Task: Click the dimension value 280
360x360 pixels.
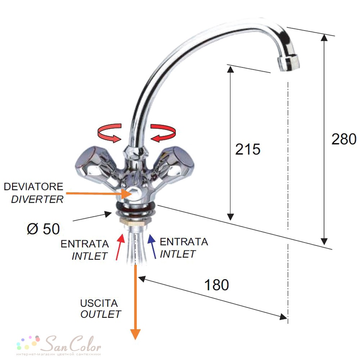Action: pyautogui.click(x=344, y=139)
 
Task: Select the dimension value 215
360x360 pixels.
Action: pyautogui.click(x=248, y=149)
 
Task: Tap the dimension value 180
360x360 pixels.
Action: pyautogui.click(x=216, y=285)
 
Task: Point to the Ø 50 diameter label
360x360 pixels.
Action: pyautogui.click(x=44, y=229)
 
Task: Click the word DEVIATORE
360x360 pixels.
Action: pyautogui.click(x=33, y=186)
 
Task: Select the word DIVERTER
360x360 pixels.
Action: pyautogui.click(x=37, y=199)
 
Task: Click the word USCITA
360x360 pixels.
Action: pyautogui.click(x=99, y=303)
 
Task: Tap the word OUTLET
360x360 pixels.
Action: pyautogui.click(x=100, y=314)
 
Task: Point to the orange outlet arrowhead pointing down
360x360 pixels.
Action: pyautogui.click(x=135, y=334)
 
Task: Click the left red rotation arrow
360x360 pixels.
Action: pyautogui.click(x=109, y=133)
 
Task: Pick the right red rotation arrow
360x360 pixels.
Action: pyautogui.click(x=163, y=133)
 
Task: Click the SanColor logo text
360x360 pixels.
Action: pyautogui.click(x=72, y=344)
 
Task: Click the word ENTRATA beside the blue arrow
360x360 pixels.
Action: pyautogui.click(x=184, y=242)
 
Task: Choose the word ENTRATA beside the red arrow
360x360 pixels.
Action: pyautogui.click(x=85, y=244)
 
